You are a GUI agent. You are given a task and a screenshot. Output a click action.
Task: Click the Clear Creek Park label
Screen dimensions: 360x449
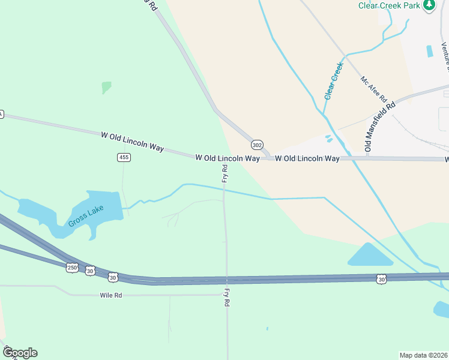click(x=389, y=5)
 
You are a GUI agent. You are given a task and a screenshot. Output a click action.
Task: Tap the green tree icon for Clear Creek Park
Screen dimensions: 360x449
click(x=429, y=5)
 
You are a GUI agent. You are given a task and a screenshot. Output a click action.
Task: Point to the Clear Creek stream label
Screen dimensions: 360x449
click(x=333, y=80)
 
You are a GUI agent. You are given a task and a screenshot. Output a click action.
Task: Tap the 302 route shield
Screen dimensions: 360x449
click(x=257, y=145)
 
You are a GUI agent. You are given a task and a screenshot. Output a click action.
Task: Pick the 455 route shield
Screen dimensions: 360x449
click(x=124, y=157)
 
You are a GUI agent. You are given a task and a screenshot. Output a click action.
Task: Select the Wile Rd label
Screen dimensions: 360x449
click(x=111, y=295)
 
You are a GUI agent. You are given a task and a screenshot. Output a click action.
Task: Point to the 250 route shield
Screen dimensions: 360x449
click(x=72, y=268)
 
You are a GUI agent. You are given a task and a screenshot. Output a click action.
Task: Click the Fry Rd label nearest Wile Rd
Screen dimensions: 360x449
click(x=227, y=298)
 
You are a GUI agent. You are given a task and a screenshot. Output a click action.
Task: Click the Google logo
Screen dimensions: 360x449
click(x=20, y=353)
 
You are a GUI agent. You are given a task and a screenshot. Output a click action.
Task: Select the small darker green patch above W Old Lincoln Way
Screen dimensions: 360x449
click(x=106, y=88)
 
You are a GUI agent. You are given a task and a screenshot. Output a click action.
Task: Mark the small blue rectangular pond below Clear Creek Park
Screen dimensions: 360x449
click(x=430, y=51)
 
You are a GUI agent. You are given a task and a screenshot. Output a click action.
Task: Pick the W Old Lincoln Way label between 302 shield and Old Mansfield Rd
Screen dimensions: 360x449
click(x=307, y=158)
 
